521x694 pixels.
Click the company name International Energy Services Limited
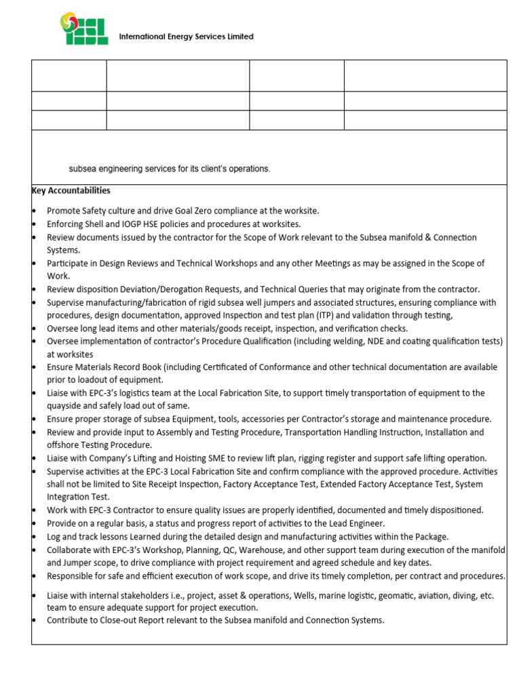pos(186,37)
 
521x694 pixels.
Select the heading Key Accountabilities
pos(71,190)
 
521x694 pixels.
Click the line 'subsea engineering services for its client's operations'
pos(170,169)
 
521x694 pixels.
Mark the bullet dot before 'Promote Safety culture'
pos(34,211)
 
